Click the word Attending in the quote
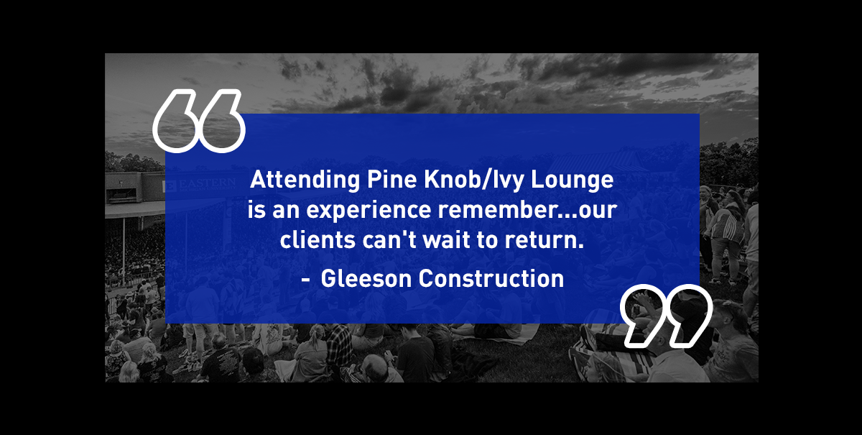pyautogui.click(x=305, y=180)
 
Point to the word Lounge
pyautogui.click(x=573, y=180)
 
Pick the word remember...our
pyautogui.click(x=527, y=210)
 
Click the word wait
pyautogui.click(x=446, y=239)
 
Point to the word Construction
pyautogui.click(x=491, y=278)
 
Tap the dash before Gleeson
pyautogui.click(x=305, y=280)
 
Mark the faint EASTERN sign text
pyautogui.click(x=207, y=183)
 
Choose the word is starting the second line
pyautogui.click(x=256, y=211)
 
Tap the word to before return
pyautogui.click(x=487, y=239)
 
